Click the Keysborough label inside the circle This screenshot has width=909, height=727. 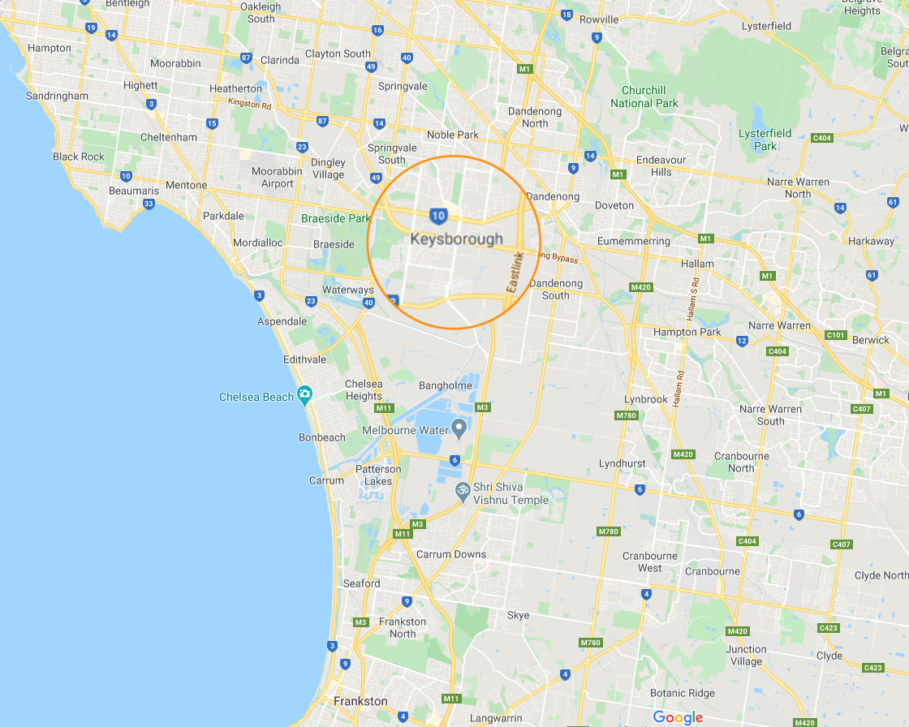[x=456, y=239]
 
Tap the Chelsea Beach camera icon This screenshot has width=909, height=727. [x=304, y=396]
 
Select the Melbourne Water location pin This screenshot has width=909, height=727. [x=459, y=427]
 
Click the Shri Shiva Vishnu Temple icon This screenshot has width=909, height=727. [x=463, y=491]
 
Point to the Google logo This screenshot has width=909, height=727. [x=678, y=717]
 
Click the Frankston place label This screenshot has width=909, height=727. [x=360, y=701]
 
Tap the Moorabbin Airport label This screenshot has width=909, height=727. [x=277, y=178]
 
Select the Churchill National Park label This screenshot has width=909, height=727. [x=644, y=97]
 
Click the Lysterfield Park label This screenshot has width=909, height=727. [x=765, y=140]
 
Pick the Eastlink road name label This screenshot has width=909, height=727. [x=515, y=273]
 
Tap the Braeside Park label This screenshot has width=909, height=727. [x=335, y=218]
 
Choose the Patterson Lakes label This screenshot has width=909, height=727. [x=377, y=475]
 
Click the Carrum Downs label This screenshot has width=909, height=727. [x=450, y=555]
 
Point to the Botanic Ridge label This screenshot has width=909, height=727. [x=682, y=693]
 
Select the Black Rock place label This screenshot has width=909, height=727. [x=79, y=157]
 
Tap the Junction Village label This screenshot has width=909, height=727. [x=745, y=655]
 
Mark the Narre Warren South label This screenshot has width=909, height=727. [x=770, y=415]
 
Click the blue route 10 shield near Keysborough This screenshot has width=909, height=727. [x=438, y=215]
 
